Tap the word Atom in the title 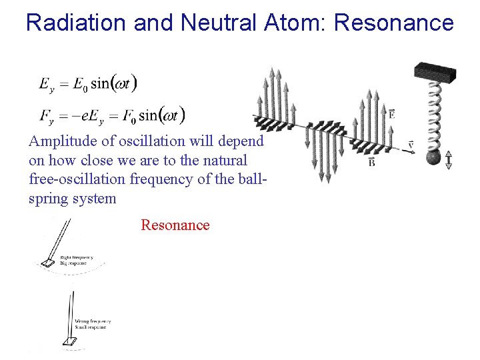[293, 23]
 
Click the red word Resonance [175, 225]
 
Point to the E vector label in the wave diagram [391, 114]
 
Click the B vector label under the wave [371, 161]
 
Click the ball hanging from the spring [433, 158]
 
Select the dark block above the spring [435, 72]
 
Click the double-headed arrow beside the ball [449, 159]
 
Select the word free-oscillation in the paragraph [73, 180]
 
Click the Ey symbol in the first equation [46, 85]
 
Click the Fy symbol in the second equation [46, 117]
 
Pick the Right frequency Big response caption [77, 260]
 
